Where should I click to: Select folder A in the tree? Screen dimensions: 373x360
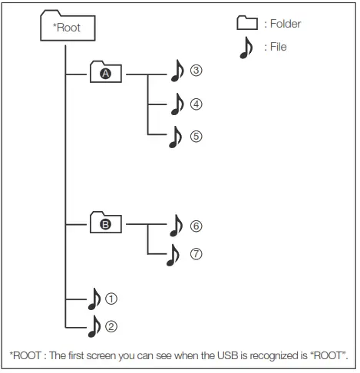click(x=106, y=74)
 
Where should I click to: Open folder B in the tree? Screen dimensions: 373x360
click(x=106, y=225)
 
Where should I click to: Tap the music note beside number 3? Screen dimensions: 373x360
click(x=177, y=72)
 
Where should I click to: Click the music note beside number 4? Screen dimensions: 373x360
click(x=177, y=104)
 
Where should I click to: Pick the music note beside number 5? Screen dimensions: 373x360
click(x=177, y=137)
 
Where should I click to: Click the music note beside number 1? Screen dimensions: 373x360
click(x=94, y=298)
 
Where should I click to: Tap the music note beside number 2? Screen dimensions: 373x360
click(x=94, y=327)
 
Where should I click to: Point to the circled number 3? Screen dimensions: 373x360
click(x=197, y=71)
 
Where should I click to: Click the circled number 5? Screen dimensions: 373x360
click(x=197, y=136)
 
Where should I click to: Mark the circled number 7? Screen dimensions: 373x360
click(x=197, y=253)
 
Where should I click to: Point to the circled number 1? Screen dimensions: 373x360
click(x=111, y=297)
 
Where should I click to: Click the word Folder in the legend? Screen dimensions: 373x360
click(x=286, y=25)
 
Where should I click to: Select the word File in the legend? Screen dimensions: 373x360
click(x=277, y=48)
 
